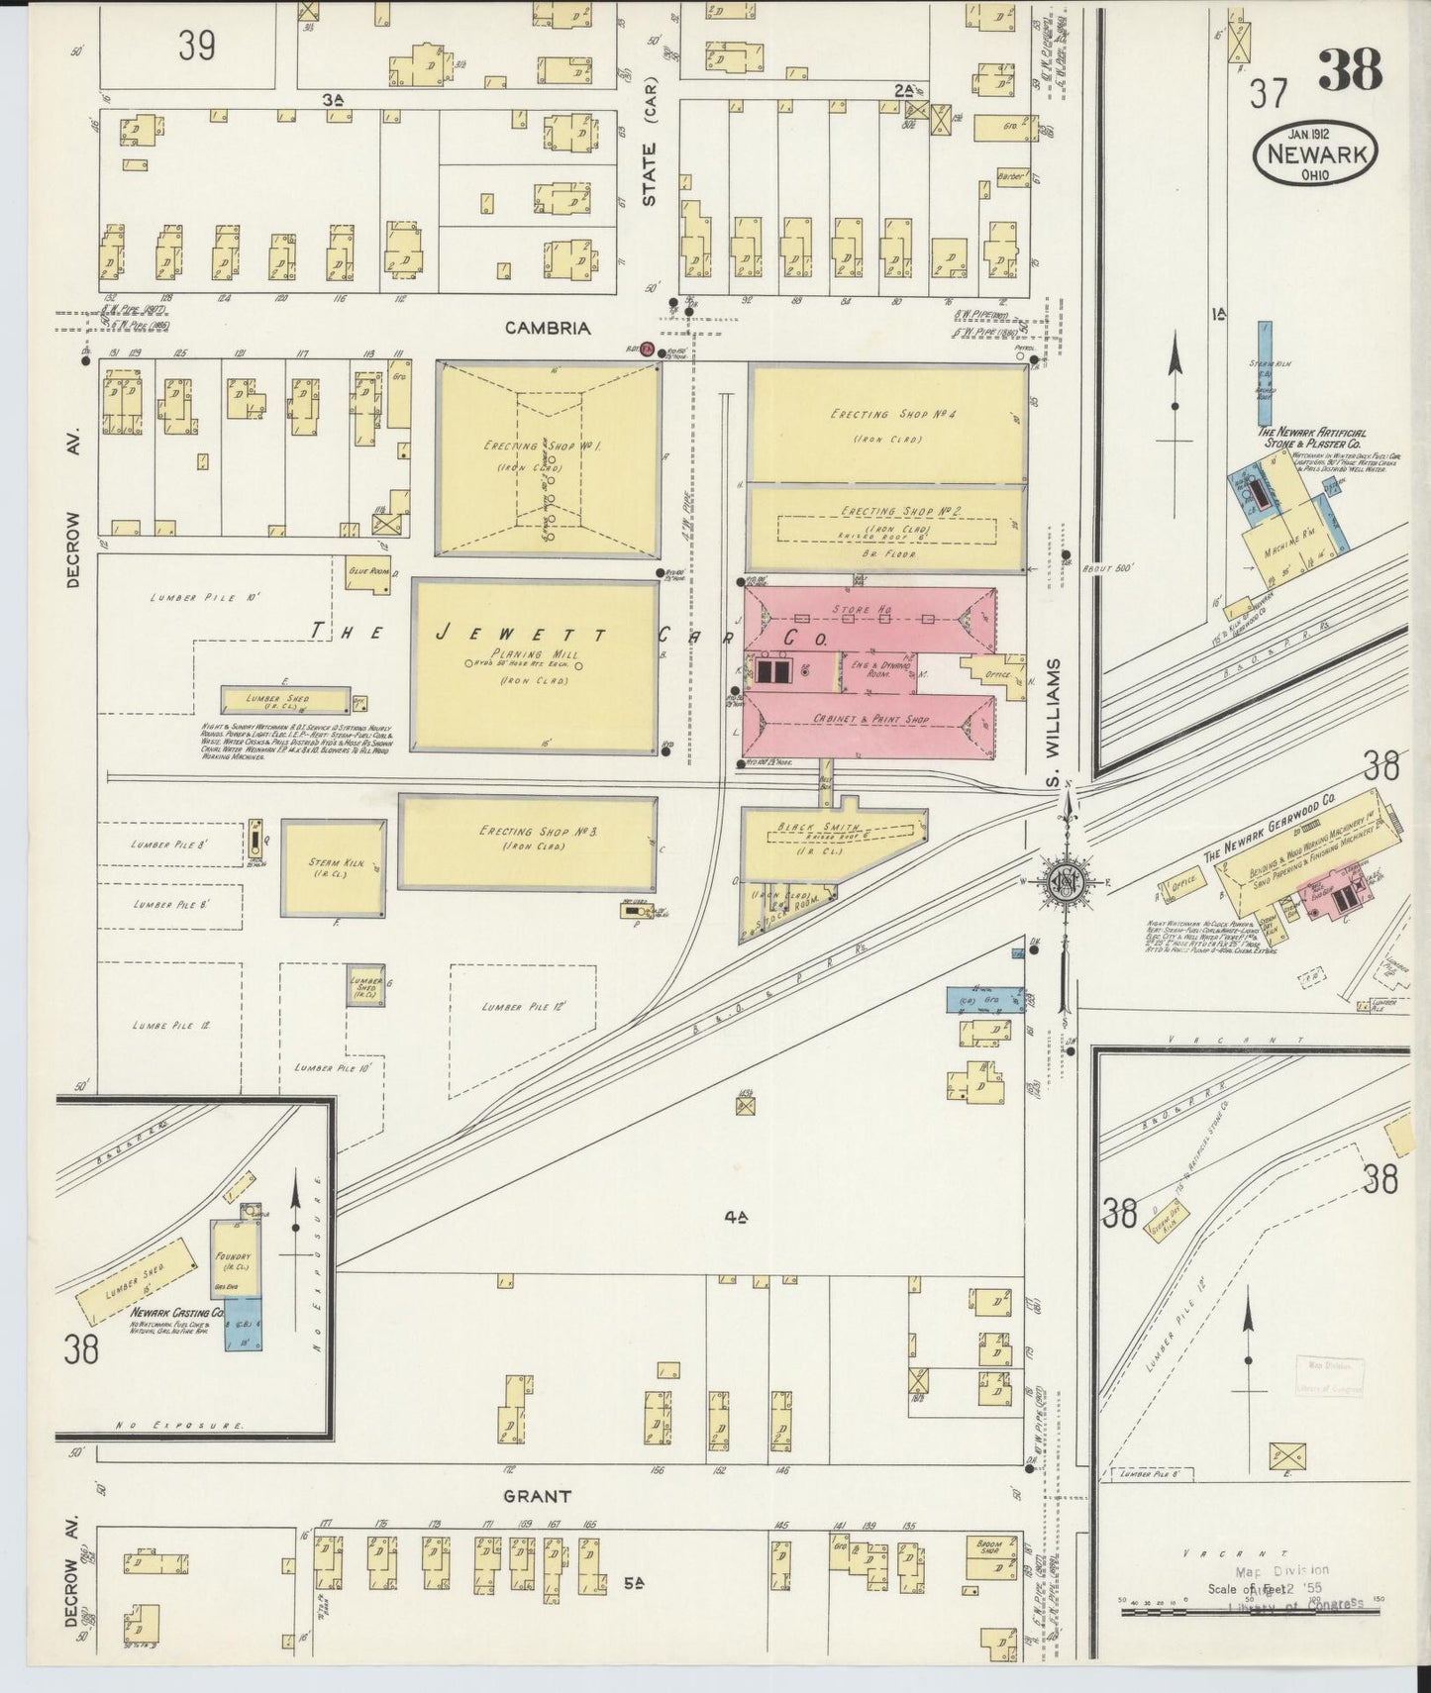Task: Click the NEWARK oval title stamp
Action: click(x=1315, y=156)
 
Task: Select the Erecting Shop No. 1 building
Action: click(x=548, y=458)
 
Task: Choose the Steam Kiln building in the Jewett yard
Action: click(x=333, y=867)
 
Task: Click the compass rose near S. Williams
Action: click(x=1068, y=884)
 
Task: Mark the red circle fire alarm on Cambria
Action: click(x=646, y=349)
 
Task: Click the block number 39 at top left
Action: click(x=196, y=46)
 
